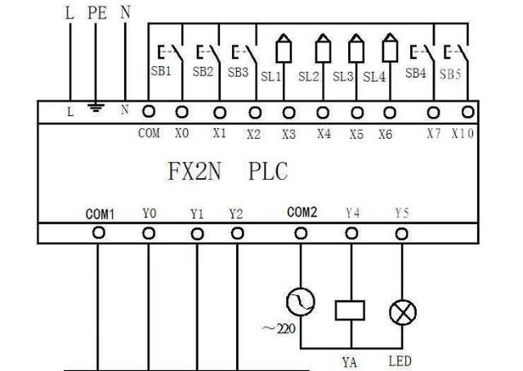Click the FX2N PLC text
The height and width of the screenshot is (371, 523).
[228, 173]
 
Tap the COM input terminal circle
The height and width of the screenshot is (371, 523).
[150, 111]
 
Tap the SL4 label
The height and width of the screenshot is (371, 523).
[373, 77]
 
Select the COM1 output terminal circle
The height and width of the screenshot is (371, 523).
[99, 233]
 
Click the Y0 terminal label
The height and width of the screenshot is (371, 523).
[148, 214]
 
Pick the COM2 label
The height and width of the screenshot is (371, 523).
[302, 212]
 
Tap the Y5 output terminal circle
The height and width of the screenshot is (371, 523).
[401, 233]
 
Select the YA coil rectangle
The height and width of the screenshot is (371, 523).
[351, 310]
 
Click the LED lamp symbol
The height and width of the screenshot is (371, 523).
[401, 311]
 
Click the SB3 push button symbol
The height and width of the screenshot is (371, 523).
[242, 55]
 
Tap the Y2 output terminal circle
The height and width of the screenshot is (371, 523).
[237, 233]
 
